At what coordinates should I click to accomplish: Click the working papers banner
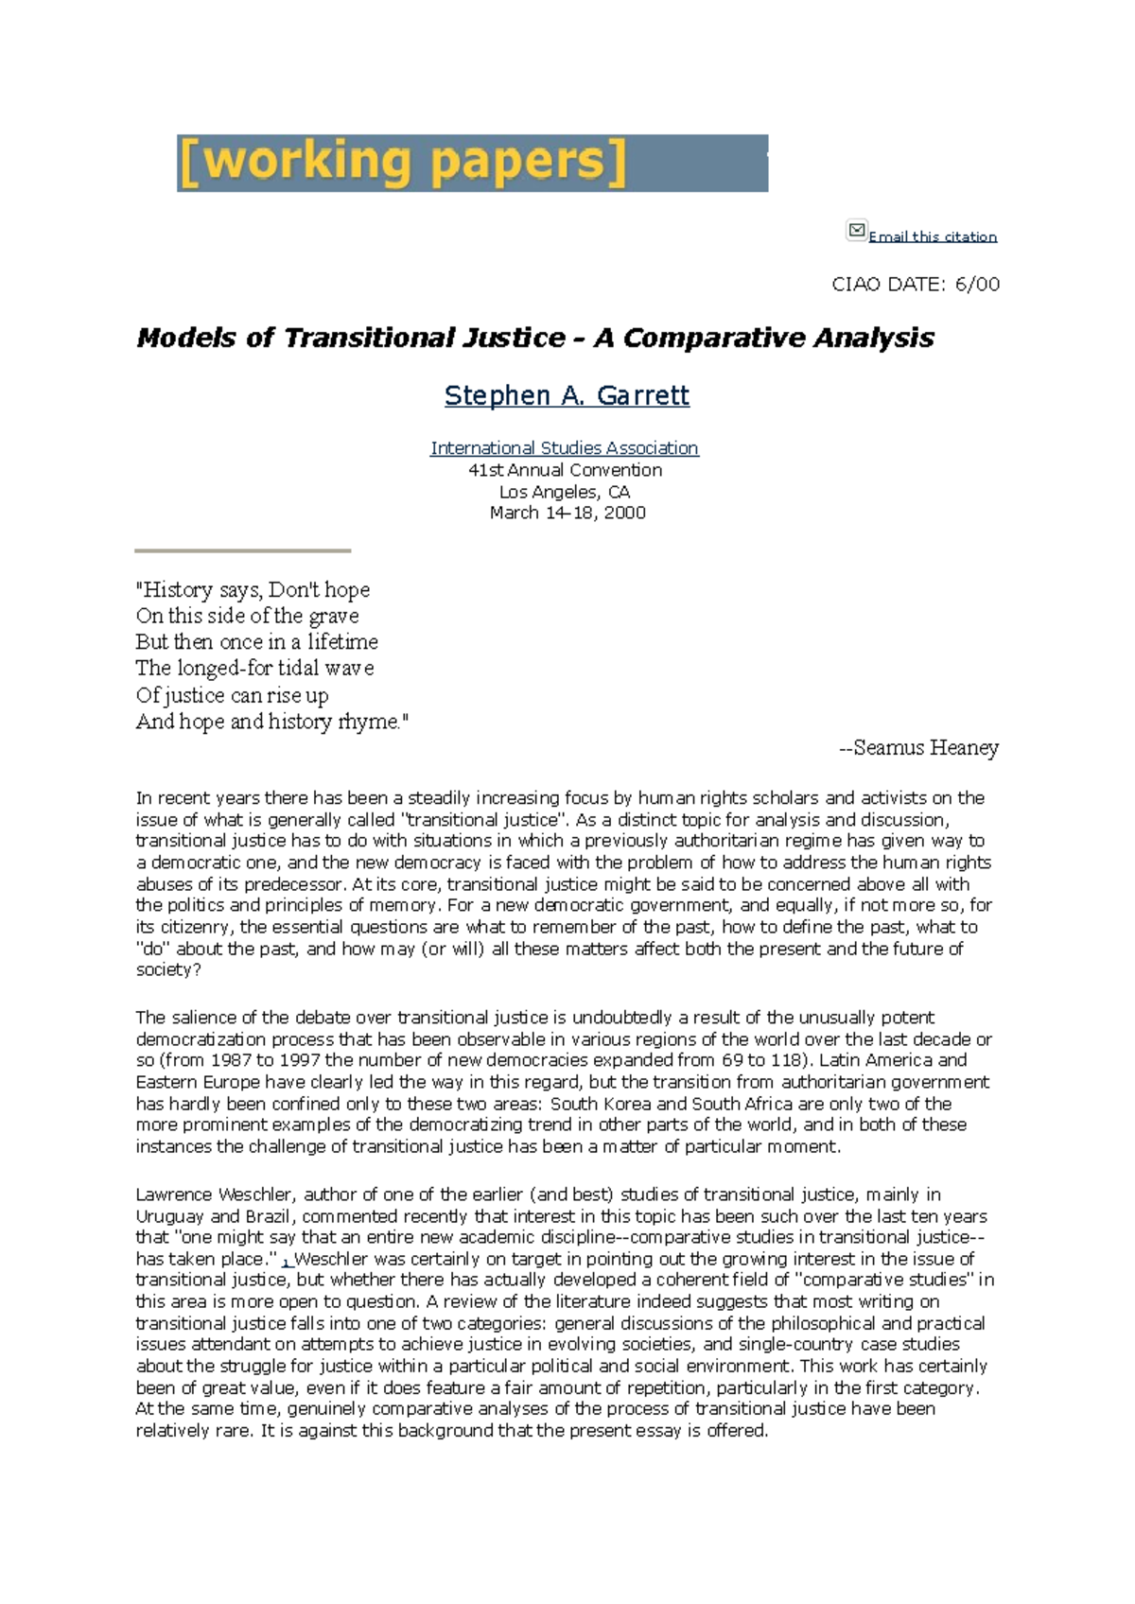pyautogui.click(x=472, y=163)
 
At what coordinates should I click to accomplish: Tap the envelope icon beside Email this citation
pyautogui.click(x=856, y=230)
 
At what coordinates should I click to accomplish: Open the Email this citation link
pyautogui.click(x=933, y=236)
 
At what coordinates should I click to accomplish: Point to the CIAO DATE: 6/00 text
pyautogui.click(x=915, y=284)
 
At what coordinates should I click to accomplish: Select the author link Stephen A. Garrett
pyautogui.click(x=567, y=394)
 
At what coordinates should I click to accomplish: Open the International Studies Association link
pyautogui.click(x=565, y=447)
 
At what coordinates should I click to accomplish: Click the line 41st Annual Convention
pyautogui.click(x=565, y=469)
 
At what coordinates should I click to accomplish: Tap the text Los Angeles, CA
pyautogui.click(x=565, y=491)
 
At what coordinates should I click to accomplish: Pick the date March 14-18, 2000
pyautogui.click(x=567, y=513)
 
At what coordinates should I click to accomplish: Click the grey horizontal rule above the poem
pyautogui.click(x=242, y=549)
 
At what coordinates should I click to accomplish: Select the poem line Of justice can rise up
pyautogui.click(x=232, y=695)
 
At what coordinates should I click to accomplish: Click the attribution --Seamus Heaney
pyautogui.click(x=918, y=747)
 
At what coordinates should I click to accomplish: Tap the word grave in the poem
pyautogui.click(x=333, y=616)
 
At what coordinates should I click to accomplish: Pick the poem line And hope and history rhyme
pyautogui.click(x=271, y=722)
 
